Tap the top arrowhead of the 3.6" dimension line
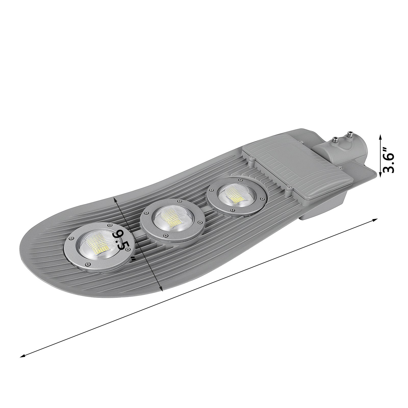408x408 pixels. coord(380,136)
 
